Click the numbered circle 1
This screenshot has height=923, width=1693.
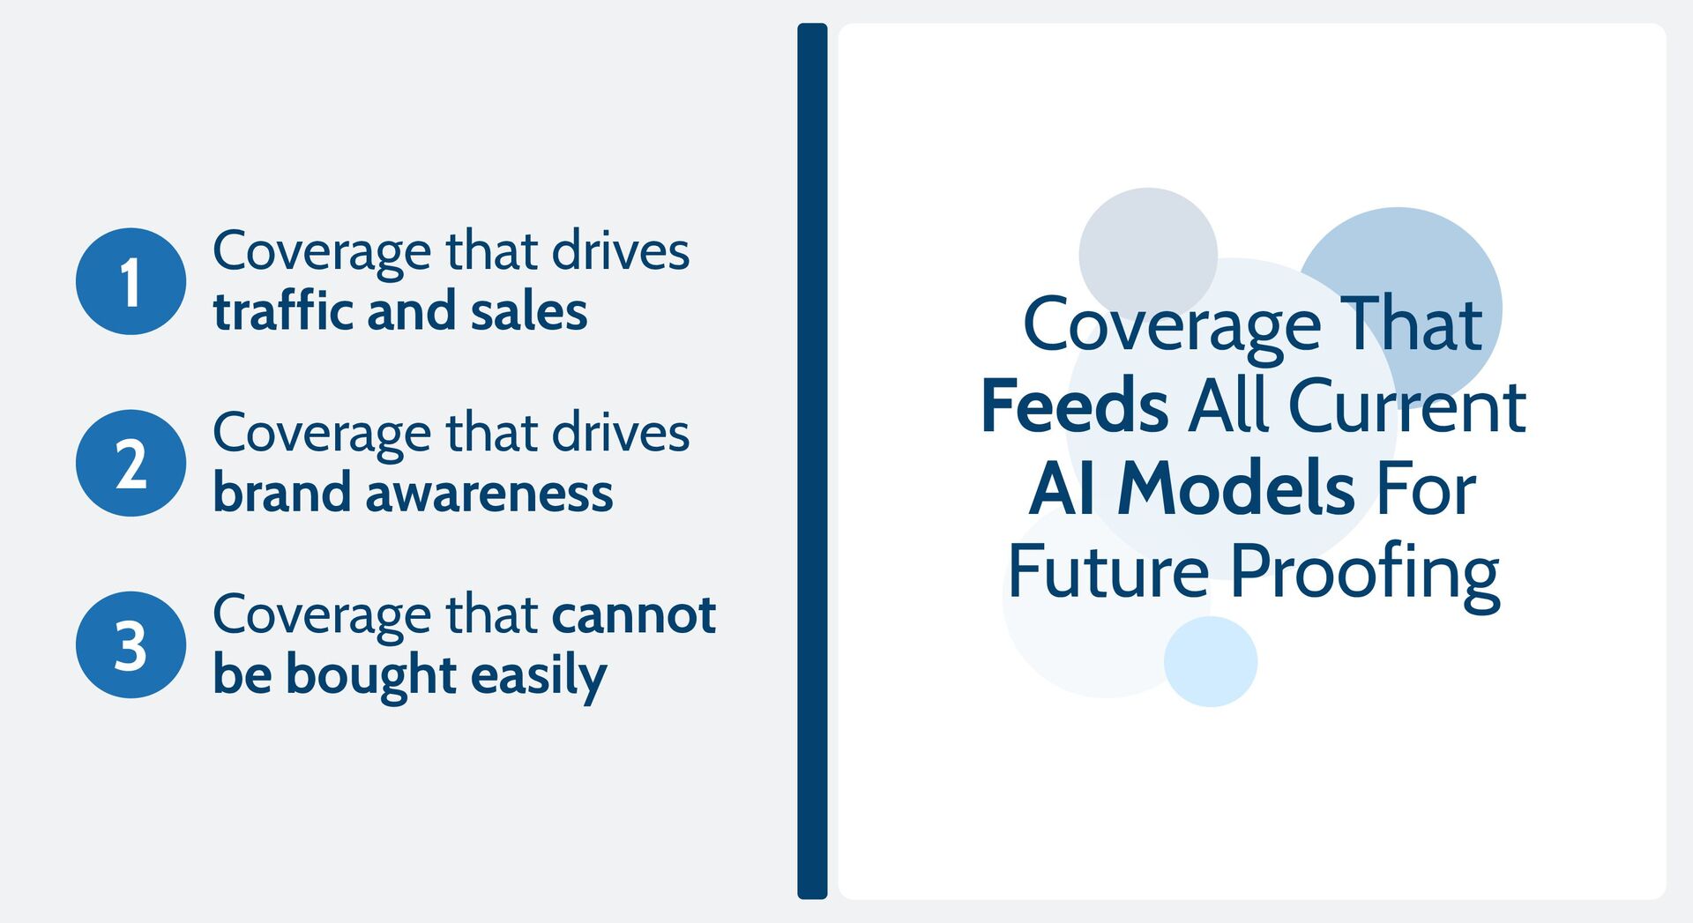coord(131,281)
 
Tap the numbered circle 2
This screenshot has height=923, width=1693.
coord(131,463)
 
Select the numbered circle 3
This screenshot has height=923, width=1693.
coord(131,644)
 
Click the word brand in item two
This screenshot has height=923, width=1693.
coord(282,493)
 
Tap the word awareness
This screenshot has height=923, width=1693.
coord(489,493)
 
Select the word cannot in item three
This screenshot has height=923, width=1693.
coord(633,614)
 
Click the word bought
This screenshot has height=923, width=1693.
coord(371,674)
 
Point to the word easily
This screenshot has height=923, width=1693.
coord(539,676)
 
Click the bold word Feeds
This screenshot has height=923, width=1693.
coord(1074,406)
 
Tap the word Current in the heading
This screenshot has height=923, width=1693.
coord(1406,406)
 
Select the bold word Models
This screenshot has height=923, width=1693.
coord(1235,488)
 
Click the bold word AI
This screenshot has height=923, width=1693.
coord(1063,488)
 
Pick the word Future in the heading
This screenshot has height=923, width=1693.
coord(1108,571)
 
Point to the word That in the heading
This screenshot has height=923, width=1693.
coord(1411,324)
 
